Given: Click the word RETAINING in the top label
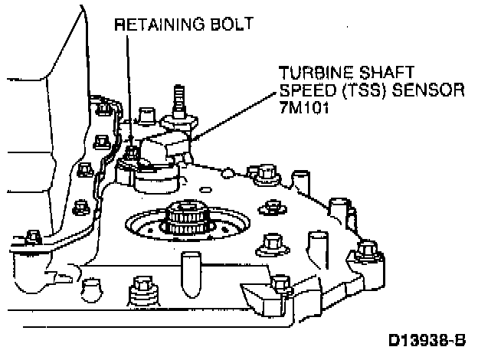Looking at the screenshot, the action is tap(156, 25).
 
